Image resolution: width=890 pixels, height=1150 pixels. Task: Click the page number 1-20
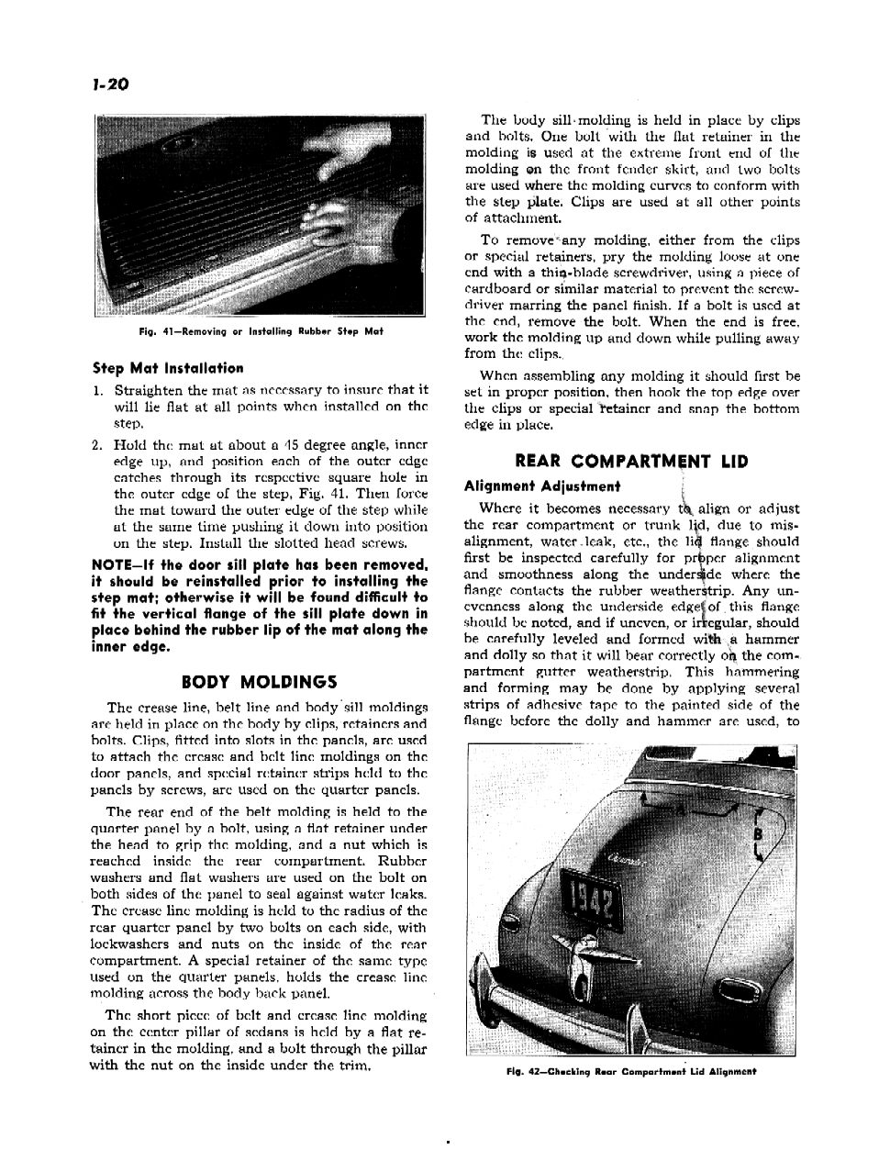(110, 86)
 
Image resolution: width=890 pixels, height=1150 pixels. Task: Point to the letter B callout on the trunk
(758, 834)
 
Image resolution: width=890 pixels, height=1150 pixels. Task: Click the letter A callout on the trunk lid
(680, 809)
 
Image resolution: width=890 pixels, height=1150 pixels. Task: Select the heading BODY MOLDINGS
(260, 682)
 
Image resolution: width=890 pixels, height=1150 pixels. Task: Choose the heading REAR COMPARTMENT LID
(632, 461)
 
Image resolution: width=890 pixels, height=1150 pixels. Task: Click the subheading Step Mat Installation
(168, 368)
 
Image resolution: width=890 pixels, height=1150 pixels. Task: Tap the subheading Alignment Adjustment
(542, 486)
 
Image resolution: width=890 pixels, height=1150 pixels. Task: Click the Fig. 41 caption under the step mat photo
(261, 331)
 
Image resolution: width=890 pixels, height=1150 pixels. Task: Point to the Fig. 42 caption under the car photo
(632, 1070)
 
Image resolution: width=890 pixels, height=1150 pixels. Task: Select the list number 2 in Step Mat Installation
(96, 445)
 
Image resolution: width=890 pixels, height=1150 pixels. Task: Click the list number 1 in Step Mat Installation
(96, 390)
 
